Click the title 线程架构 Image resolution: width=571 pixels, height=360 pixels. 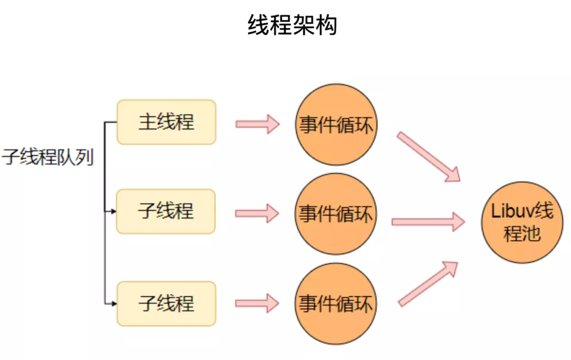coord(292,25)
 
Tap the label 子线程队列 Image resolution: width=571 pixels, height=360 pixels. coord(48,158)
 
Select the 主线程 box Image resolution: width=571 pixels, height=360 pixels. coord(166,122)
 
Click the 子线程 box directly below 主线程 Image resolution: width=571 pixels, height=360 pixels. coord(166,211)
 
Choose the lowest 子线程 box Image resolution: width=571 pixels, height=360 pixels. coord(166,303)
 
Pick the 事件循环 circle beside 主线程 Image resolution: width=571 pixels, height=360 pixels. coord(336,125)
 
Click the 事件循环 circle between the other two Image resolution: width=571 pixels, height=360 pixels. coord(336,214)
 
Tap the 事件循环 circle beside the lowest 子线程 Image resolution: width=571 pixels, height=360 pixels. coord(336,304)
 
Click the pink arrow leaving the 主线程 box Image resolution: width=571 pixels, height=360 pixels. coord(257,124)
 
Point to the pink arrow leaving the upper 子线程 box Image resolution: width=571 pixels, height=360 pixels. coord(257,214)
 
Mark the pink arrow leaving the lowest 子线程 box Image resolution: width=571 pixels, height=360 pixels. coord(257,303)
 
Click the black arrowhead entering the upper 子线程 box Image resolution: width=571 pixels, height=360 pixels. coord(113,211)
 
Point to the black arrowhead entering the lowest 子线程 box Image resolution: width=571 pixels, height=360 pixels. coord(113,304)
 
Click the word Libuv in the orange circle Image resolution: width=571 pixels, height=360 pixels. coord(510,211)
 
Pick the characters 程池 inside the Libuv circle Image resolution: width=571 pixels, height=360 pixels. coord(522,234)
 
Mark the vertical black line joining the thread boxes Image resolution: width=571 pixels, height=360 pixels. coord(104,211)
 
